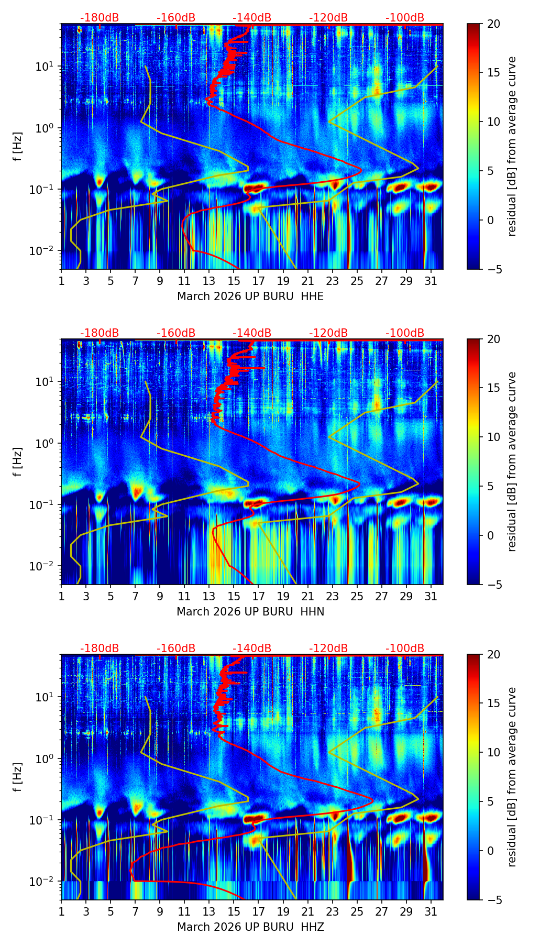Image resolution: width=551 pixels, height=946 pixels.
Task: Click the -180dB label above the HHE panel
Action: point(100,18)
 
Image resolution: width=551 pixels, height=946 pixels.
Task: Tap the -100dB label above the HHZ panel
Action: point(405,648)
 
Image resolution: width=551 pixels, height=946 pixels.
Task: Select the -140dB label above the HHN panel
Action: point(252,333)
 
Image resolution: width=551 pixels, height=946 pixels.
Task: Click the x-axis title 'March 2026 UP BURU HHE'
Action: point(250,296)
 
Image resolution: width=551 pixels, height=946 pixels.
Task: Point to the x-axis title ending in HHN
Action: point(250,612)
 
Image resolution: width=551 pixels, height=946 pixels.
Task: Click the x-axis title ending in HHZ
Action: point(250,927)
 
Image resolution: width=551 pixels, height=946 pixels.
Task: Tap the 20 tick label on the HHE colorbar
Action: point(493,24)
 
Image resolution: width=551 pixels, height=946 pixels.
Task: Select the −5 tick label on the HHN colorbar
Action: point(493,585)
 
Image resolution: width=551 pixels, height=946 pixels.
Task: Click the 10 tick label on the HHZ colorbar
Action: point(493,752)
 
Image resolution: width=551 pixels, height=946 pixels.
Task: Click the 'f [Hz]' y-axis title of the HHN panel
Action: point(18,461)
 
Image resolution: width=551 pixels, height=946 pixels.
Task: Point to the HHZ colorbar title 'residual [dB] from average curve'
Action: point(512,777)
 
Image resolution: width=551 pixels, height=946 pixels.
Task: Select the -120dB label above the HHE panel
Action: point(328,18)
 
